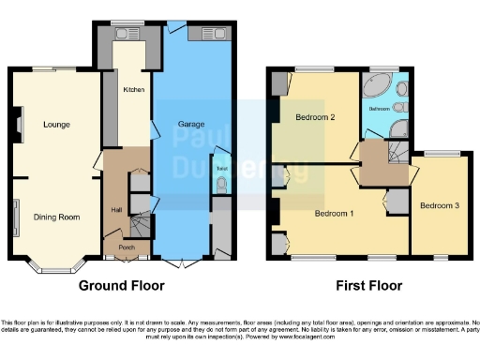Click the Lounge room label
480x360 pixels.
click(42, 123)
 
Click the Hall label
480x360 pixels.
click(116, 209)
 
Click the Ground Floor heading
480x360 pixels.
click(121, 286)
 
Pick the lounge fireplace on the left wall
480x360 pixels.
click(17, 121)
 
